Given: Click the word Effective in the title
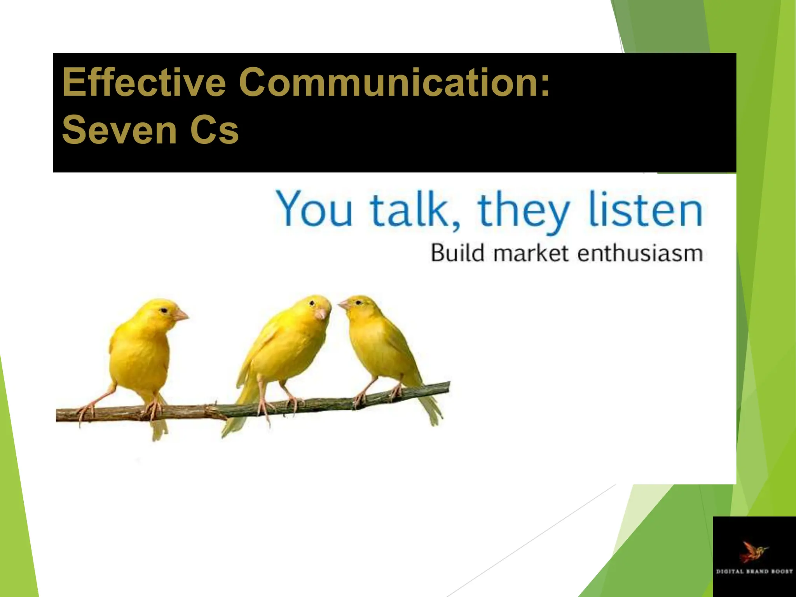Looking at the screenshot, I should (144, 82).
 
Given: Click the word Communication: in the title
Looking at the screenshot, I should (395, 82).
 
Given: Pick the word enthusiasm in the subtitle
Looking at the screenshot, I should (640, 253).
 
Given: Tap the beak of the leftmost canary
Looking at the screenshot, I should (181, 315).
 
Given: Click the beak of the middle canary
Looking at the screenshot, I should (322, 313).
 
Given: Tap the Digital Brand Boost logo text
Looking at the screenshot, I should (754, 571).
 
